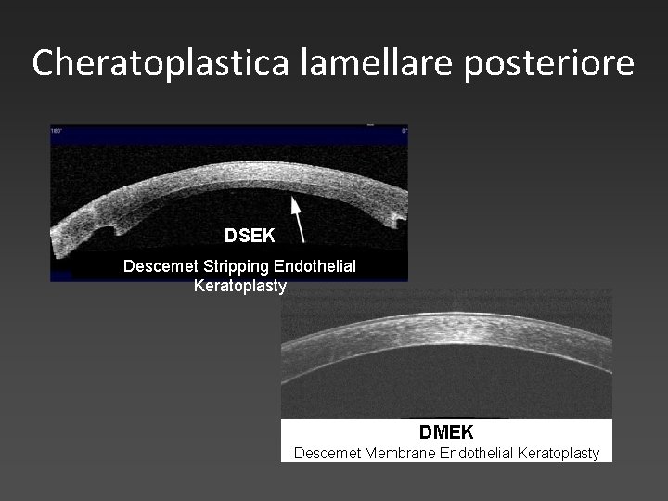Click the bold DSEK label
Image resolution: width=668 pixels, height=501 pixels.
(250, 236)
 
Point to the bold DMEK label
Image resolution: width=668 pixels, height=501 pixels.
(446, 432)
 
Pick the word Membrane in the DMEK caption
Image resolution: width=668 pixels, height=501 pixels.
(392, 454)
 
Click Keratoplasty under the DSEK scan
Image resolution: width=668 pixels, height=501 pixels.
(240, 286)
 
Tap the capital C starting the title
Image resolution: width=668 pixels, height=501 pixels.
(43, 62)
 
